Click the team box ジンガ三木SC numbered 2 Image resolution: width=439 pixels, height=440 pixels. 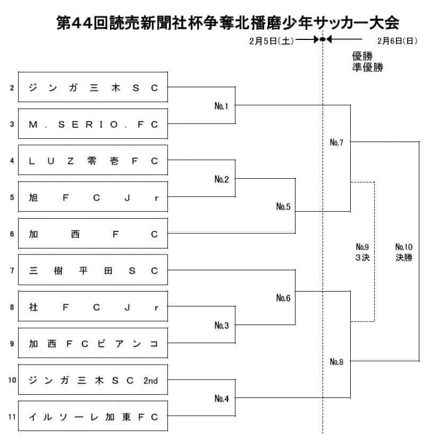tap(93, 87)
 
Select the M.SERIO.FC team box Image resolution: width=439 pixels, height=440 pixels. tap(93, 124)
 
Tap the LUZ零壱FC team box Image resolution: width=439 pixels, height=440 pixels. tap(93, 160)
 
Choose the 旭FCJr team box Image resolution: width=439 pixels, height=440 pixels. tap(93, 197)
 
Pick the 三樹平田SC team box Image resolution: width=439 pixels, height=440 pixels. tap(93, 270)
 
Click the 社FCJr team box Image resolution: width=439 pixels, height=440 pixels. tap(93, 306)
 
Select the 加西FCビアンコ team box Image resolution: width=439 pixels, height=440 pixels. tap(93, 343)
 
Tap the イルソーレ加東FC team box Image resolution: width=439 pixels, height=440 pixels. tap(93, 416)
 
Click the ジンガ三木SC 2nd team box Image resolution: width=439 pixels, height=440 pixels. tap(93, 380)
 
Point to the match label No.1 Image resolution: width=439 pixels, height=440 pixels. tap(222, 106)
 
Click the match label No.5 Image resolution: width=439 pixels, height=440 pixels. tap(283, 206)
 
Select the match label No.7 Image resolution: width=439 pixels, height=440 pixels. tap(336, 143)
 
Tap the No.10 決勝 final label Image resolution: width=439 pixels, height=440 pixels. tap(404, 252)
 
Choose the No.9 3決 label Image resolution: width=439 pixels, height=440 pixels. tap(362, 252)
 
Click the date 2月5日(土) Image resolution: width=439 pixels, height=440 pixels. tap(272, 41)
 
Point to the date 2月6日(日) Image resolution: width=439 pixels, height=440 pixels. tap(397, 41)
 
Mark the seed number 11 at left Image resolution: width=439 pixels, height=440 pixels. tap(12, 417)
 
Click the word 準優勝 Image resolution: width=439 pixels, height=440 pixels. tap(367, 68)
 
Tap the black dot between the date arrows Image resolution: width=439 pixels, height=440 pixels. tap(323, 39)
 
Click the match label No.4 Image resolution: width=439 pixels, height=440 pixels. tap(222, 399)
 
